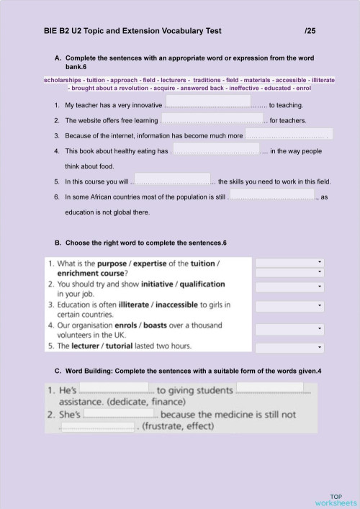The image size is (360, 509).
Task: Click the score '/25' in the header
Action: (310, 32)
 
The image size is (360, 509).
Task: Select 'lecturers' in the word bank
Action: (185, 79)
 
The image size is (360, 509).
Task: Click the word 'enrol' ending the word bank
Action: (302, 88)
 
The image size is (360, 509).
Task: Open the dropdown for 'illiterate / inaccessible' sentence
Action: (289, 306)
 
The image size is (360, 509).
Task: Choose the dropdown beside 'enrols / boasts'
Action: (289, 329)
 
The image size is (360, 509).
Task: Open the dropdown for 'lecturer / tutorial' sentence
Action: (289, 346)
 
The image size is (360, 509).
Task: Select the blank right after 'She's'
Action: (121, 414)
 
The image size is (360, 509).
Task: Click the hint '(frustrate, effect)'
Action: (178, 426)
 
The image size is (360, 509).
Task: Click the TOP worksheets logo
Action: (336, 499)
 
